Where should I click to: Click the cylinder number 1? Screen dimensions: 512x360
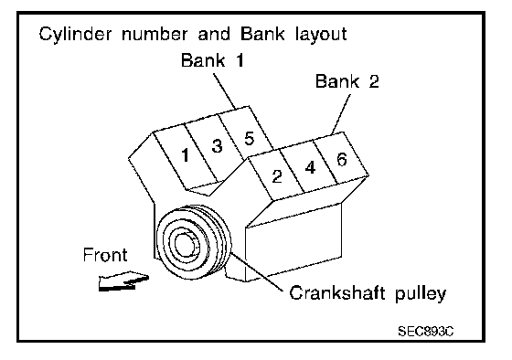point(186,155)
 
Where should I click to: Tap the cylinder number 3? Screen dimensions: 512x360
point(217,145)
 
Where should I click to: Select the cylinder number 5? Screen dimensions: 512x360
point(249,138)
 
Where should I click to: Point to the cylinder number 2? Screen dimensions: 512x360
point(277,176)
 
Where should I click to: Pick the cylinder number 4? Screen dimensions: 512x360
point(310,168)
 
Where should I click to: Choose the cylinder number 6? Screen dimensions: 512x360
point(342,160)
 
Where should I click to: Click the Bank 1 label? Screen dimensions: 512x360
point(212,60)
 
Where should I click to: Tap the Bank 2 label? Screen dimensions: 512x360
point(347,81)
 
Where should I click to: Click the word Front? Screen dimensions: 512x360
point(105,255)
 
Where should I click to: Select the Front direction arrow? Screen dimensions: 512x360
point(123,281)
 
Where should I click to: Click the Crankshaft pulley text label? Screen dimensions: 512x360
point(368,293)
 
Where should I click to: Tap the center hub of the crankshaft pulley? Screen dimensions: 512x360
point(186,244)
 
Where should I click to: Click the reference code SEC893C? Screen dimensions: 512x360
point(426,332)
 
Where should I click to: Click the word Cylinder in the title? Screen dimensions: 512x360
point(75,35)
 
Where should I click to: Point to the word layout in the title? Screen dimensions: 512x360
point(321,35)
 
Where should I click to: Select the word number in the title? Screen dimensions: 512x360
point(155,34)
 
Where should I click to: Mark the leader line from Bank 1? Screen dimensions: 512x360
point(224,91)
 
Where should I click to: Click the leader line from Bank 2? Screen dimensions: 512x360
point(341,114)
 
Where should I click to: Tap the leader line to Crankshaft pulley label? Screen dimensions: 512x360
point(257,272)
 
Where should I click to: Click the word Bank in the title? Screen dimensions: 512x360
point(262,34)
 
